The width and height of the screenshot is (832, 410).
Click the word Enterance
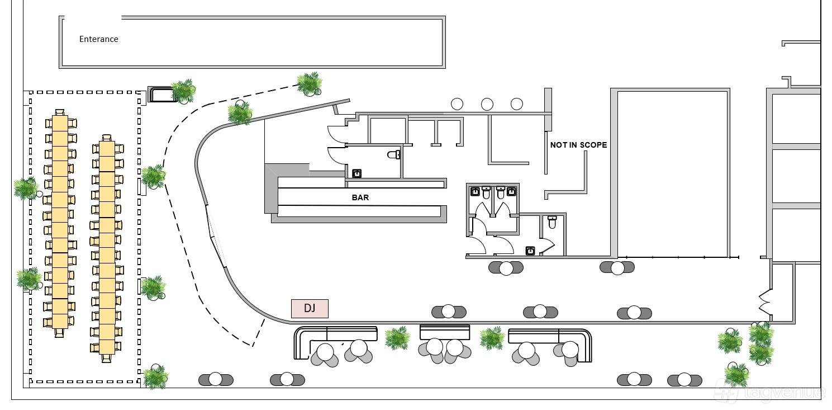point(98,39)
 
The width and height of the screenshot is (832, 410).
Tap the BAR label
point(360,197)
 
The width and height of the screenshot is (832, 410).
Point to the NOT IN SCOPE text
point(578,145)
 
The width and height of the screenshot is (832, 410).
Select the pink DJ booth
point(310,309)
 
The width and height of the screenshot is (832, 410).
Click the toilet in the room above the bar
point(394,154)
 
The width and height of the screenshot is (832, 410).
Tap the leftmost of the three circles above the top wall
point(457,104)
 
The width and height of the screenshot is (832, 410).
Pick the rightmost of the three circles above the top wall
point(517,104)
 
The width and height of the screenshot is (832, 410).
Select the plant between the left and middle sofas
point(397,338)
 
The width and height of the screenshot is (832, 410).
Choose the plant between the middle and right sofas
point(492,338)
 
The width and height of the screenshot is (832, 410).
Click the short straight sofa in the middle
point(445,332)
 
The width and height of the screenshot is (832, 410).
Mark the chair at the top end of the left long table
point(60,112)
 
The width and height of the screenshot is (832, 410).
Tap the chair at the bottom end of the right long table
point(107,358)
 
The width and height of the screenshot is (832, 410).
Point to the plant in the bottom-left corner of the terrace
point(156,377)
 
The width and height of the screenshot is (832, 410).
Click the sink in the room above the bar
point(357,173)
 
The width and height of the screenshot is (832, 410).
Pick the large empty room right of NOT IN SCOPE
point(671,173)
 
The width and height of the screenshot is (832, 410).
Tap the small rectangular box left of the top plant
point(161,94)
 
